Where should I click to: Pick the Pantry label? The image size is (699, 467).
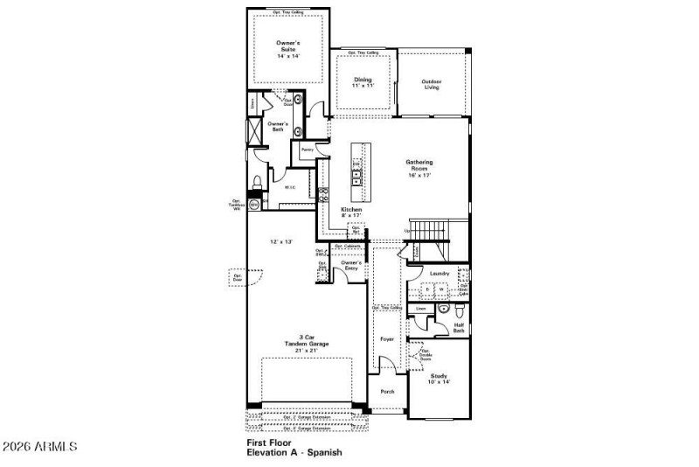pos(308,150)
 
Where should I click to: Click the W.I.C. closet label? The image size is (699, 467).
pos(290,187)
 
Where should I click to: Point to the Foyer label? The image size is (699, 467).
pos(387,338)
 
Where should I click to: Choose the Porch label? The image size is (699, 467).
pos(387,391)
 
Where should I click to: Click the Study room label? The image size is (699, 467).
pos(439,379)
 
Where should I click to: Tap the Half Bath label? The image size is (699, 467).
pos(459,327)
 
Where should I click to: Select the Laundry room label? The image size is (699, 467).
pos(439,274)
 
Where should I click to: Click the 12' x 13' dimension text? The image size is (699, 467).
pos(280,241)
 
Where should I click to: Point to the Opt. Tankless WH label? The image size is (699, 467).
pos(236,206)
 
